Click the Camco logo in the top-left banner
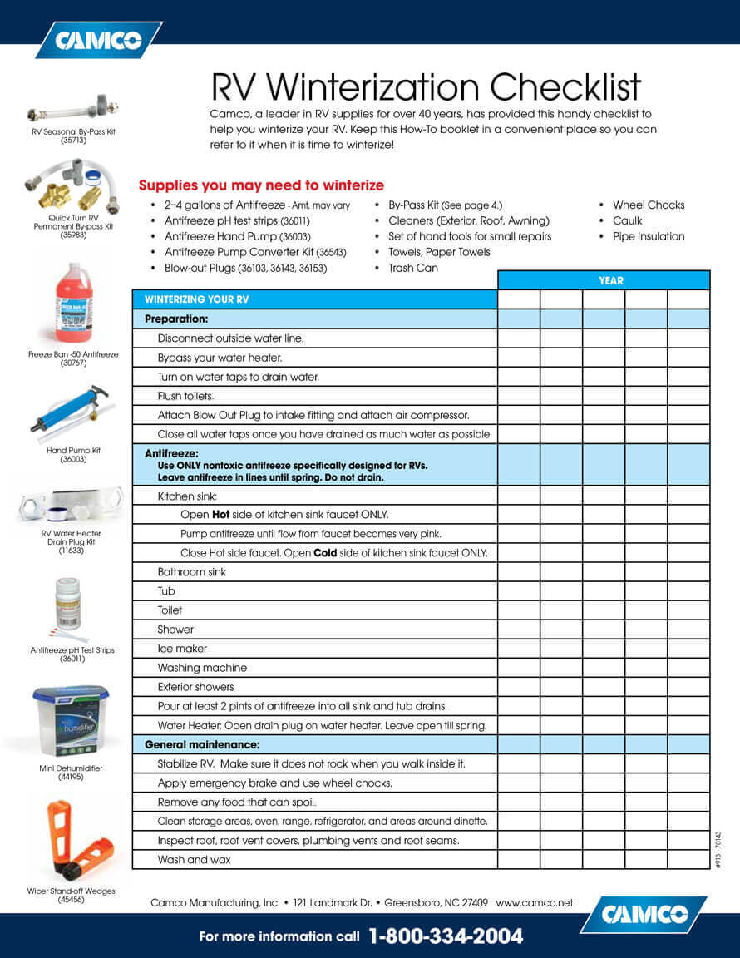(x=98, y=40)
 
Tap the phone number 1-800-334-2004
(x=446, y=936)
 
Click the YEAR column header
(x=610, y=280)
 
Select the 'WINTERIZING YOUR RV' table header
(x=196, y=299)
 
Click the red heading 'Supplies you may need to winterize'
(x=261, y=185)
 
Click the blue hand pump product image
(x=71, y=409)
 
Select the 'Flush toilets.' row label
(x=185, y=396)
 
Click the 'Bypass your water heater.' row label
(x=220, y=358)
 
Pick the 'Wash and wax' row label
(x=194, y=860)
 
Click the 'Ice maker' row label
(x=182, y=649)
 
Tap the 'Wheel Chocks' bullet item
(x=649, y=205)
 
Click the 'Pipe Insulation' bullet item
(x=649, y=236)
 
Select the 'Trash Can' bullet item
(x=413, y=268)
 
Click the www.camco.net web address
(x=535, y=902)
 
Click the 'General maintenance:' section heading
(x=202, y=744)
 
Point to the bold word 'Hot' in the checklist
(x=220, y=515)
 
